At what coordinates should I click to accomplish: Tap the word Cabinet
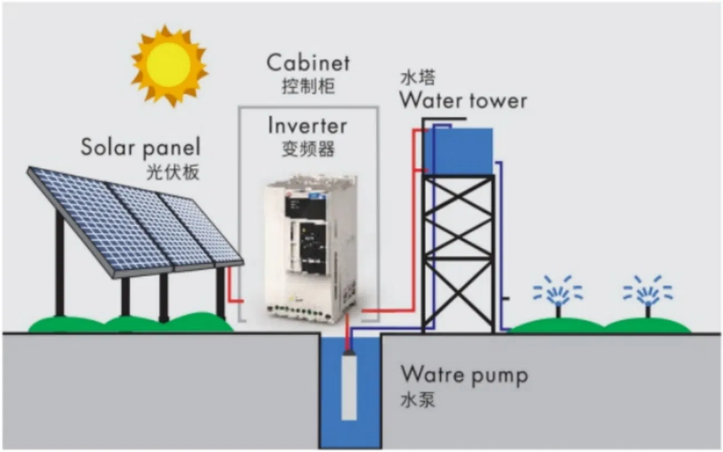(308, 62)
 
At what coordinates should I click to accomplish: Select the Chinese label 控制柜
(308, 87)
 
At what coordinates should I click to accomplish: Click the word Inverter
(307, 126)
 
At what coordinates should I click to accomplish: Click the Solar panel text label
(140, 148)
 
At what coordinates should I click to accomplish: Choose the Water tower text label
(463, 101)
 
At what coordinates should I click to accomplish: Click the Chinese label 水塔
(417, 78)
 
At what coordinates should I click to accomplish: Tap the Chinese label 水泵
(417, 400)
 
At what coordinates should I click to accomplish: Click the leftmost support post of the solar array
(59, 262)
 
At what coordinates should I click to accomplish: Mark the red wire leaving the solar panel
(233, 289)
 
